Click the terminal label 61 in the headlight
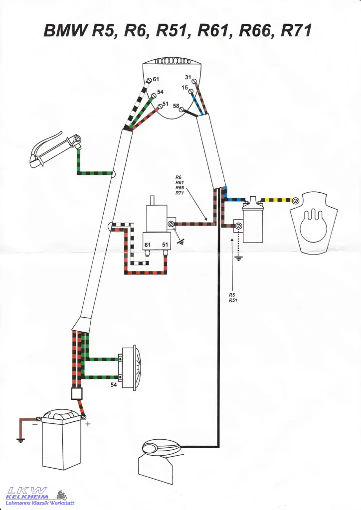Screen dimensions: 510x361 (x=156, y=79)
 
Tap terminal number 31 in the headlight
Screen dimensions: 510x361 (x=188, y=77)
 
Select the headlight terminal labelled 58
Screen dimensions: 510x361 (x=176, y=106)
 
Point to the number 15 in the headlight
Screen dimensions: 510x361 (x=184, y=88)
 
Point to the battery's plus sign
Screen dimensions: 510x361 (x=88, y=424)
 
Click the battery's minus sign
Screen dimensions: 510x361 (x=34, y=425)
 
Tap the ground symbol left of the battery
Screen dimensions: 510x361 (x=20, y=440)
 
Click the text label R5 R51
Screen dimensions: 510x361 (x=233, y=298)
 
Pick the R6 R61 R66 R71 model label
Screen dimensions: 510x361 (x=180, y=185)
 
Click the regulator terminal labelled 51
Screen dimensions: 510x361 (x=165, y=245)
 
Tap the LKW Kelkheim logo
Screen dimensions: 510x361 (x=40, y=496)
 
